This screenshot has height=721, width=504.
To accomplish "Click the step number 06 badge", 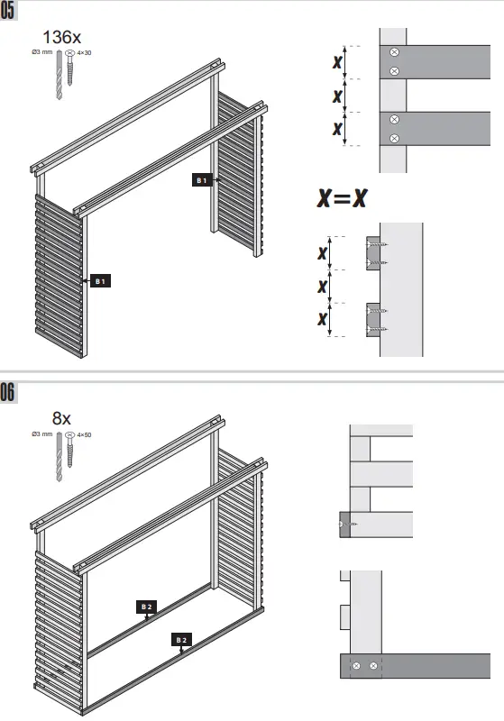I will click(x=9, y=392).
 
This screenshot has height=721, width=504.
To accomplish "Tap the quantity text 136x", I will click(x=62, y=38).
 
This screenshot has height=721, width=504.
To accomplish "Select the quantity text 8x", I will click(x=61, y=417).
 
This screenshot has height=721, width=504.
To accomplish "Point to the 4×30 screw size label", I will click(x=84, y=54).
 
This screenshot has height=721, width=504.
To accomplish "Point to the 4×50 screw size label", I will click(x=85, y=434).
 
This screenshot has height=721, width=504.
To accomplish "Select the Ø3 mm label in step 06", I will click(x=41, y=434).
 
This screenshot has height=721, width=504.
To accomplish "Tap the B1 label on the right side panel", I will click(x=203, y=180).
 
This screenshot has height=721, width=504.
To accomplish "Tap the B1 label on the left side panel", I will click(x=102, y=281).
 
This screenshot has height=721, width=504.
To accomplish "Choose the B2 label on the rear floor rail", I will click(x=146, y=607).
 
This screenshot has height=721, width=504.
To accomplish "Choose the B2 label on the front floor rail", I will click(x=181, y=639).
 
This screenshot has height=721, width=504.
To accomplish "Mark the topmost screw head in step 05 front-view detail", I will click(x=394, y=52).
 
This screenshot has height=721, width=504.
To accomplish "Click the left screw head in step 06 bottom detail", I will click(x=358, y=666).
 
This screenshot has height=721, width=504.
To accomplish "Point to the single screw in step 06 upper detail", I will click(x=347, y=524).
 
